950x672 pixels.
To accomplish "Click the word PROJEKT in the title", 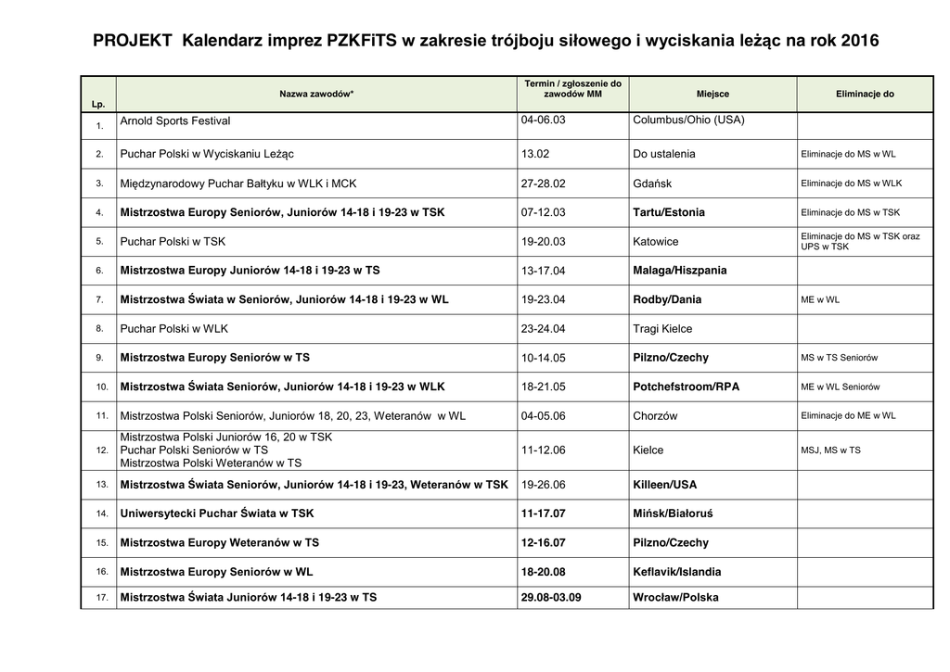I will click(132, 41).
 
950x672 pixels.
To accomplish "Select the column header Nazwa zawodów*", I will click(316, 95).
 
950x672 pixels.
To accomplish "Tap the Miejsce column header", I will click(712, 95).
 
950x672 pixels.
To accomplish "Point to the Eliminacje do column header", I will click(865, 95).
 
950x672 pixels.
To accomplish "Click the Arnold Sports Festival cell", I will click(175, 121).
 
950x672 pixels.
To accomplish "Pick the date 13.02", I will click(535, 154).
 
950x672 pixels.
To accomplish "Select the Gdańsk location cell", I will click(652, 184).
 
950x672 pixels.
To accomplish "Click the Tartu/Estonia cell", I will click(668, 212).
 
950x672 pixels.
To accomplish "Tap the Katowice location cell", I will click(655, 242).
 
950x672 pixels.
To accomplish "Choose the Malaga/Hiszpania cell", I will click(679, 271).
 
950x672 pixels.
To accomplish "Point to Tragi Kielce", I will click(662, 329).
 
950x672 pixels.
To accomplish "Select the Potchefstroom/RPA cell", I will click(686, 387).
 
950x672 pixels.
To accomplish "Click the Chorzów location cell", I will click(655, 416).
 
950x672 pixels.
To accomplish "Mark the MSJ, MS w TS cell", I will click(830, 450).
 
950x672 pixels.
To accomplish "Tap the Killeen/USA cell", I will click(664, 485).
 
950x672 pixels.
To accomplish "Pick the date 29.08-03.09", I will click(551, 598).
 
